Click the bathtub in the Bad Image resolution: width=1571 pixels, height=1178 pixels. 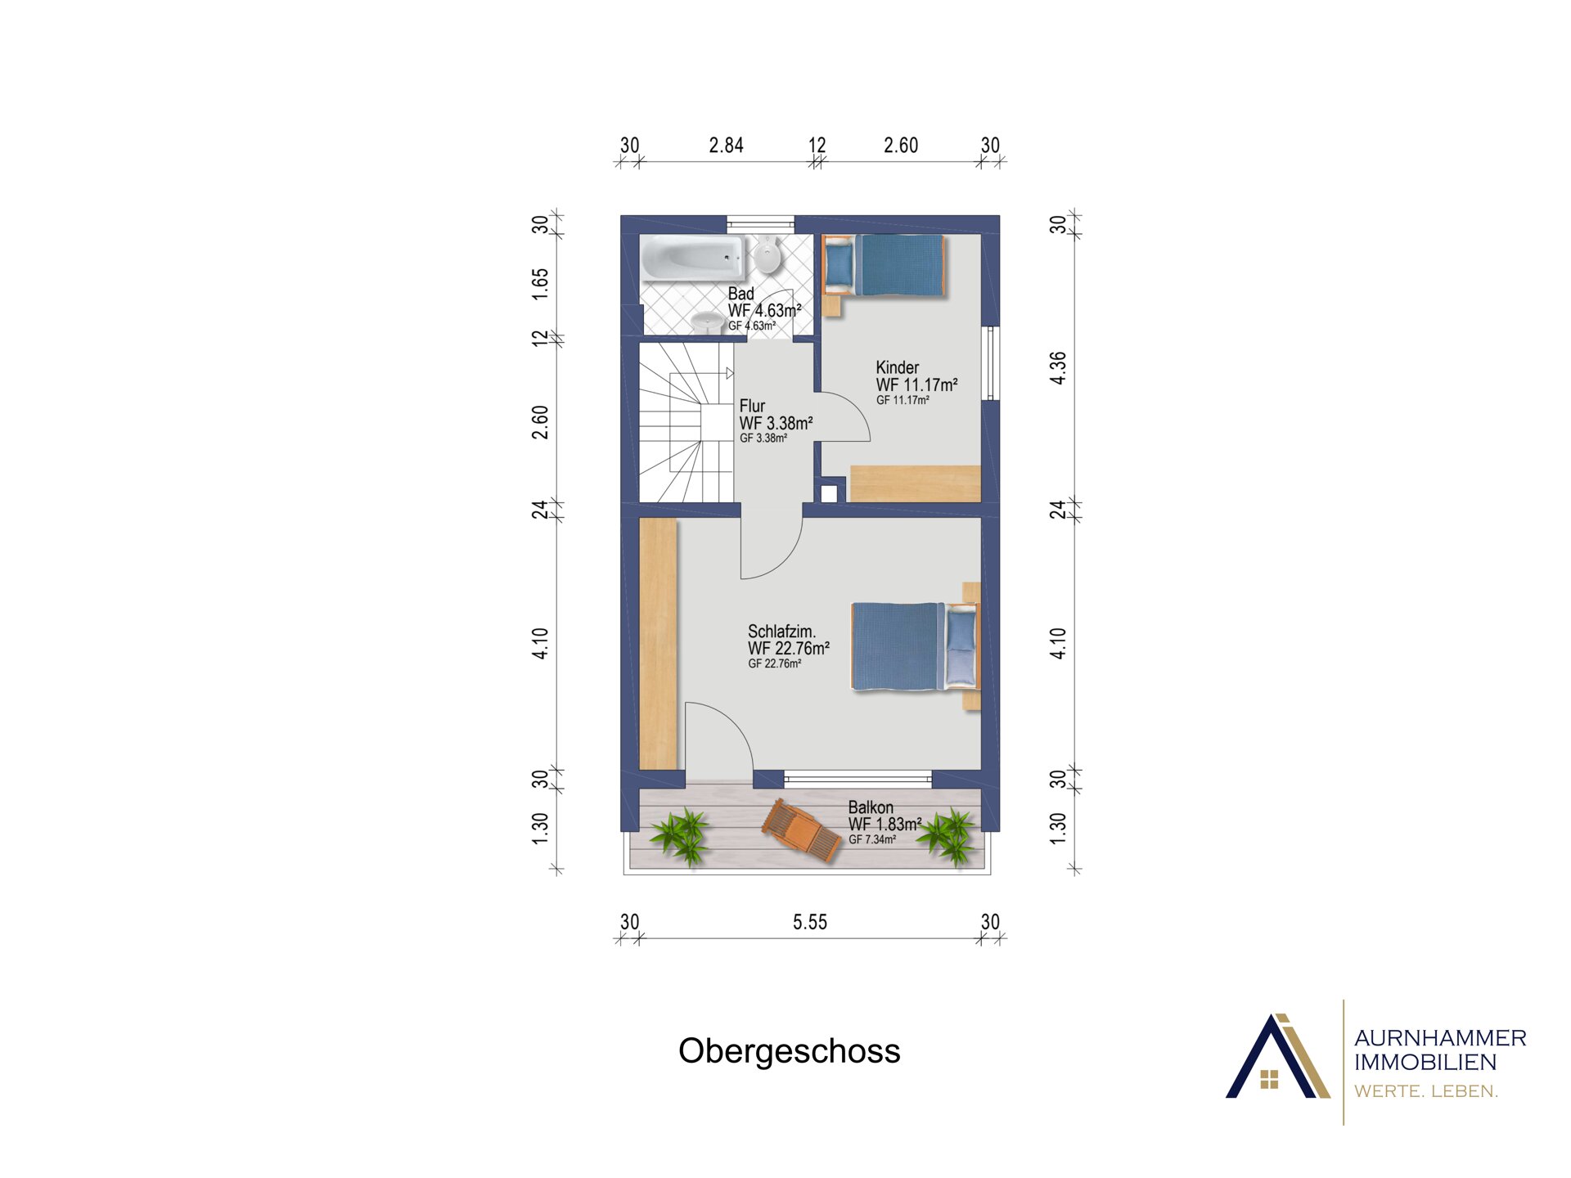click(693, 258)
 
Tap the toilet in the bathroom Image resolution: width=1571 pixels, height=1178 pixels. click(767, 254)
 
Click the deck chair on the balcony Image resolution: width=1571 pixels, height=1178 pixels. click(801, 830)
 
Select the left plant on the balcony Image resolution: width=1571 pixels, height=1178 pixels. click(682, 835)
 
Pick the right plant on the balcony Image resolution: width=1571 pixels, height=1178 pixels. click(949, 836)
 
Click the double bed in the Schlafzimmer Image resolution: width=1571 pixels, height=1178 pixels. click(916, 647)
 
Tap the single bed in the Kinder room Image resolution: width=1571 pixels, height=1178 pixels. click(884, 265)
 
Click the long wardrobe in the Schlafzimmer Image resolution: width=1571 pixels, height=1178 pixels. click(658, 644)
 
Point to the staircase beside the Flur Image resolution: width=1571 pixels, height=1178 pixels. click(686, 422)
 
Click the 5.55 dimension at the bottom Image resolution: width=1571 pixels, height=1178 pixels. click(810, 922)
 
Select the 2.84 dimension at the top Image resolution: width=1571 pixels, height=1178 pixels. click(726, 146)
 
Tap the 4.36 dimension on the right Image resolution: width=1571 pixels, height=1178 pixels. click(1058, 368)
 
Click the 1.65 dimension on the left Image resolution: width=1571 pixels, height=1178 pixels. click(540, 284)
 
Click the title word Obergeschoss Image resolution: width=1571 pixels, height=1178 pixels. click(789, 1051)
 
